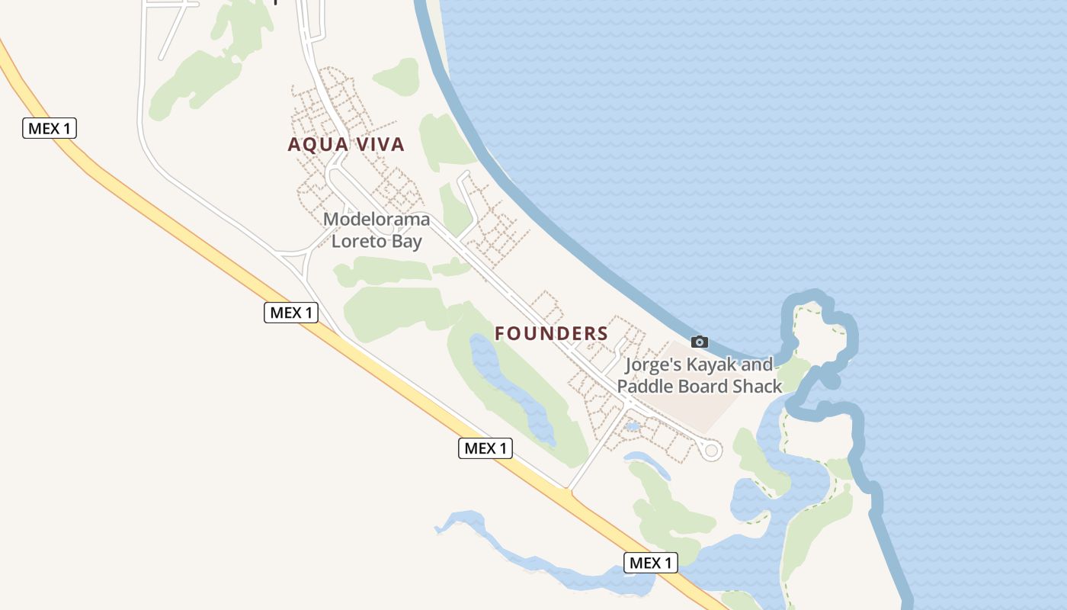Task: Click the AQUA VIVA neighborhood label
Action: coord(346,144)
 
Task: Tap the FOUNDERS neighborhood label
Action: coord(551,333)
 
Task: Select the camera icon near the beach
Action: coord(699,342)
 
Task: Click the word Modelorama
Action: coord(376,220)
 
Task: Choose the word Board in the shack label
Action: coord(699,387)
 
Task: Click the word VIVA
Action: coord(376,144)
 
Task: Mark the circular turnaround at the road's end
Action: coord(711,451)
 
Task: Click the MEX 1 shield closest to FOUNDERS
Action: coord(485,448)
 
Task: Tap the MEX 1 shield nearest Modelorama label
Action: coord(291,312)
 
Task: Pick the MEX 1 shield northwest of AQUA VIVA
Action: coord(50,128)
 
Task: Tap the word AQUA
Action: coord(311,144)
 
